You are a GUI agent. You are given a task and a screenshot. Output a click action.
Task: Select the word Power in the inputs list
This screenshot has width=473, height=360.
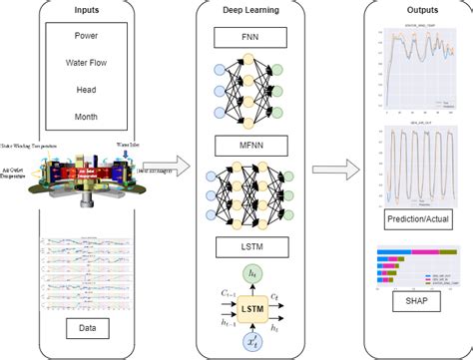pos(87,37)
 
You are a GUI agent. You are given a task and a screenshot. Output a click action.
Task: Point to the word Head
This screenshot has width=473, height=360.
pos(87,90)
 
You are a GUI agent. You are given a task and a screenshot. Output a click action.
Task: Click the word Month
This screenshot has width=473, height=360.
pos(87,116)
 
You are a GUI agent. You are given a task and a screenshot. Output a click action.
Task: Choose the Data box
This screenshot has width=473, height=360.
pos(87,327)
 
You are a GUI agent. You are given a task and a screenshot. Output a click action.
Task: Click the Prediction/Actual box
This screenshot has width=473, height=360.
pos(409,216)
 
